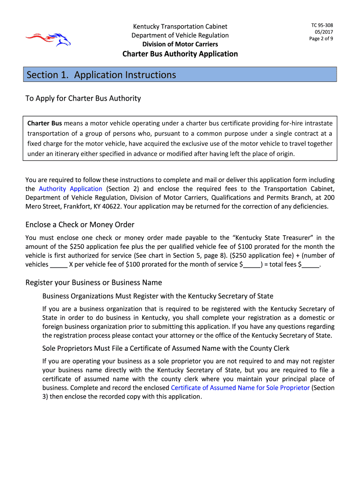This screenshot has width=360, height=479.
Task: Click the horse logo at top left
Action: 48,38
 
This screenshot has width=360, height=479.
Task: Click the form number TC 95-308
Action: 322,25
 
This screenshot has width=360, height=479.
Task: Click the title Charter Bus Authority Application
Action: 180,54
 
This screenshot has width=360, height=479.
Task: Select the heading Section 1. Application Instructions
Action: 101,75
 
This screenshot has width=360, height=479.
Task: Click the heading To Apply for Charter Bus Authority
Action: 83,99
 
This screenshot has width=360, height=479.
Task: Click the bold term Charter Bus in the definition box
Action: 44,123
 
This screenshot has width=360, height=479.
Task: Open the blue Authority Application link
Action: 70,189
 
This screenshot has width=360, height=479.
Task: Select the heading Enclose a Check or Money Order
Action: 80,225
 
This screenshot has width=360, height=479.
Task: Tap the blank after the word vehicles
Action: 58,265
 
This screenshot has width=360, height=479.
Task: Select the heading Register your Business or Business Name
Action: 94,283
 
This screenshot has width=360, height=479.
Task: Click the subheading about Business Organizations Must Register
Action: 158,296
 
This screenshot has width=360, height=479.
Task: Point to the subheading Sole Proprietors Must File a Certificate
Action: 166,348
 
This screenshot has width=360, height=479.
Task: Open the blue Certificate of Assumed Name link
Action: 240,388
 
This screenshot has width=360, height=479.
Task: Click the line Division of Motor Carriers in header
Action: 180,44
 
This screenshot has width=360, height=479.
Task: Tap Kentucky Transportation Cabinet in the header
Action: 180,27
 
